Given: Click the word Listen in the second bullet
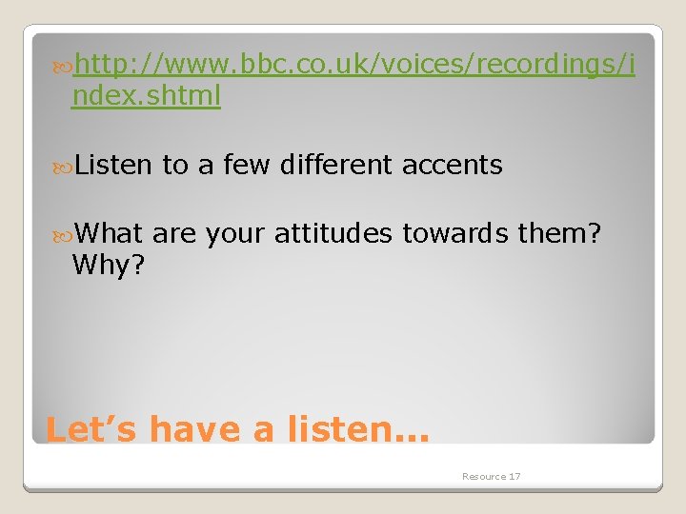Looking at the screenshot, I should click(x=112, y=165).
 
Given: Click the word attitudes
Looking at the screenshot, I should click(x=333, y=233).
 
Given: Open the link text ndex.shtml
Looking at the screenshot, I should click(x=146, y=96).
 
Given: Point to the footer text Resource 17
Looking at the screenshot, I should click(x=491, y=476).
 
